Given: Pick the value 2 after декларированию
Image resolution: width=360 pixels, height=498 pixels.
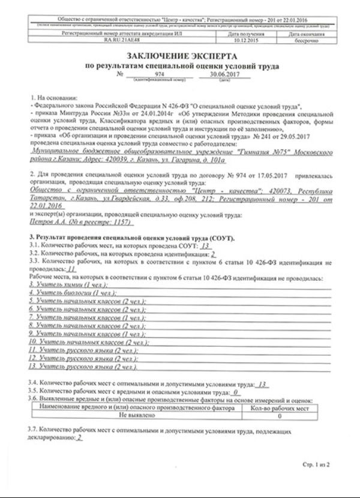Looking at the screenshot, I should (x=79, y=437).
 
